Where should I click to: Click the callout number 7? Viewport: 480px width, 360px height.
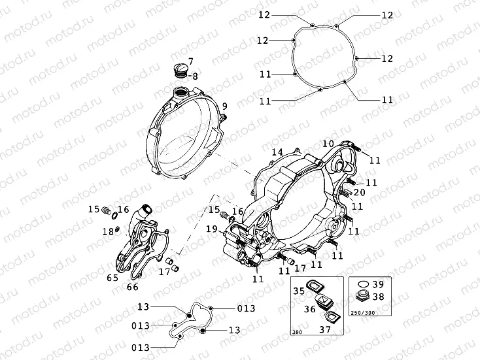click(191, 62)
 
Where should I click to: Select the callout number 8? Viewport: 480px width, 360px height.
click(194, 76)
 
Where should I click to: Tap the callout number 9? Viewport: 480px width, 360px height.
click(224, 106)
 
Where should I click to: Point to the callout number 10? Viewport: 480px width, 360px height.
click(328, 143)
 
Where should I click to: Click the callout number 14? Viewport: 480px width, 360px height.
click(277, 152)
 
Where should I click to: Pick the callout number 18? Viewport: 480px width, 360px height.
click(106, 231)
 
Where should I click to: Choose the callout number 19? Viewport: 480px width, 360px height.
click(211, 229)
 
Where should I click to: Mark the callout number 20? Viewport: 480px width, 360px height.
click(359, 193)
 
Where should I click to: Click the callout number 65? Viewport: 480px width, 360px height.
click(112, 278)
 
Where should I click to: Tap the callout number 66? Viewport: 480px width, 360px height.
click(132, 286)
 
